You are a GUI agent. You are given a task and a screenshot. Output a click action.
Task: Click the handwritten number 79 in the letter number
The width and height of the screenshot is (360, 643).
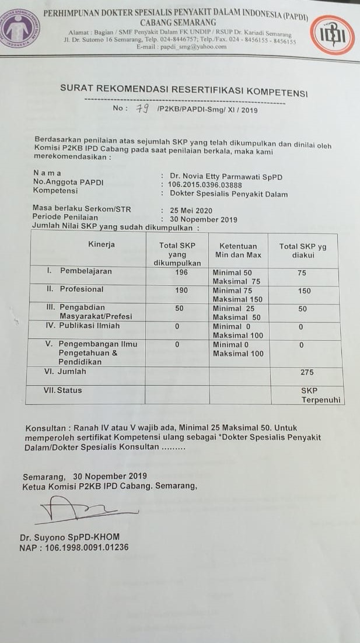tap(142, 109)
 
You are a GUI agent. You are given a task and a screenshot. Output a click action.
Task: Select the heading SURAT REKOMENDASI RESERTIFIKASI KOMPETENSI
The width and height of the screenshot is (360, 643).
tap(184, 90)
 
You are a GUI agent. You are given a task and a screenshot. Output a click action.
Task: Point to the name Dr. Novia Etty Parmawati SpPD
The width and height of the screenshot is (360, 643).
tap(226, 176)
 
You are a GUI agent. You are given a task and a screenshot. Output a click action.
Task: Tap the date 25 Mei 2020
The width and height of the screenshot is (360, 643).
tap(191, 211)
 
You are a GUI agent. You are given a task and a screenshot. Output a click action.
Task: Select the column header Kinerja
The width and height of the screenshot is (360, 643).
tap(102, 244)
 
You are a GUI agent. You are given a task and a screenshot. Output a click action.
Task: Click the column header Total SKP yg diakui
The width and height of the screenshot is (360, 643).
tap(303, 250)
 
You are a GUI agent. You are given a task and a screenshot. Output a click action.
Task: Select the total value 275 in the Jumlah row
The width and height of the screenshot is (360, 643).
tap(307, 372)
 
